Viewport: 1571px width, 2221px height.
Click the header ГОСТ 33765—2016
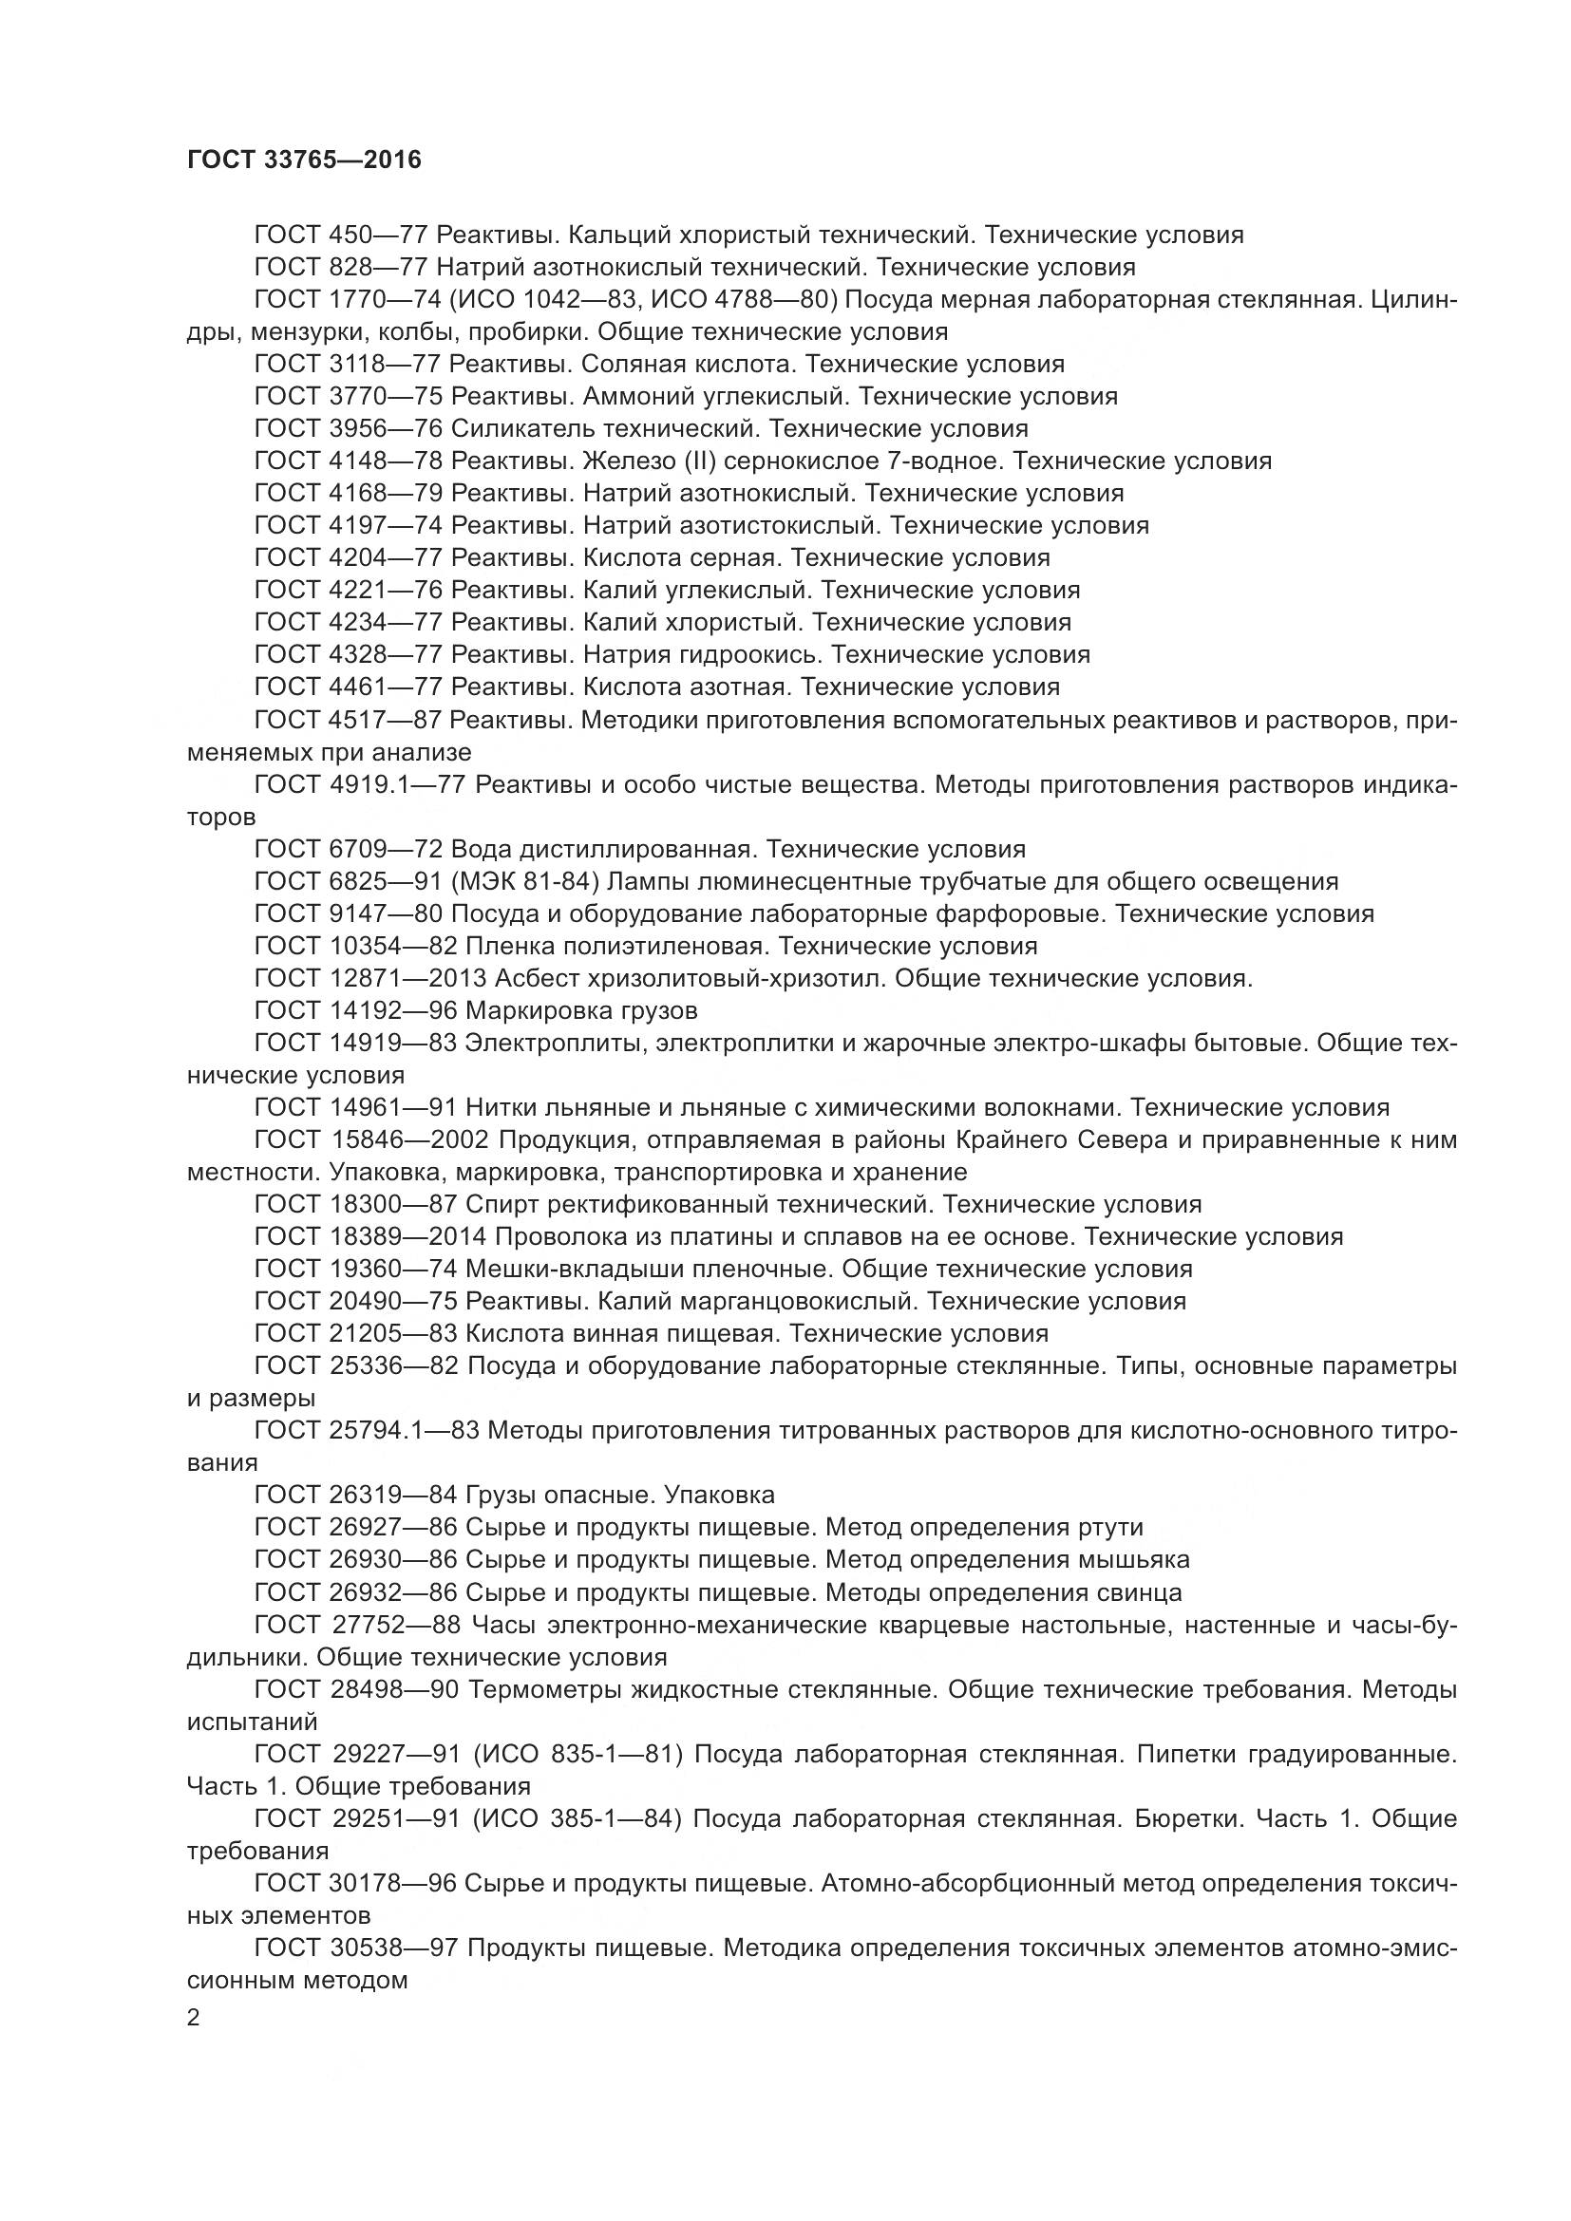pos(304,160)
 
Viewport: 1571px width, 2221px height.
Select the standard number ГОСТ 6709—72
pos(349,849)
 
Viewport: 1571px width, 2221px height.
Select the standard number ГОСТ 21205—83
pos(355,1333)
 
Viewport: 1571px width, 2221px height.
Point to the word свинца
pos(1141,1592)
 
